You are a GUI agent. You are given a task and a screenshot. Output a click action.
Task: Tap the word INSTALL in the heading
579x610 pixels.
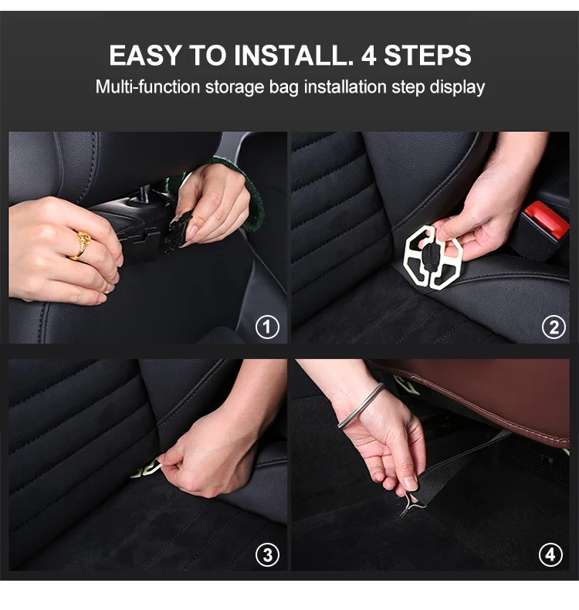pos(289,56)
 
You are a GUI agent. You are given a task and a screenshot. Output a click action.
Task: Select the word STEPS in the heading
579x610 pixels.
pos(428,56)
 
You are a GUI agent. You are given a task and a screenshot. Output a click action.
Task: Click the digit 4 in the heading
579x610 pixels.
pos(369,56)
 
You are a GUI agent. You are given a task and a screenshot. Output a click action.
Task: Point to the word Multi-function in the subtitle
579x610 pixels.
pos(147,86)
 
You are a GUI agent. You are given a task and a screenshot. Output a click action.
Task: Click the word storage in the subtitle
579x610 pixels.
pos(235,87)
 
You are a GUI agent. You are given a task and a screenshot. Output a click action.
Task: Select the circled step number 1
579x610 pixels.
pos(267,327)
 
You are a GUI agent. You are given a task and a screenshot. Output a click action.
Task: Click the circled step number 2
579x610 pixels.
pos(554,327)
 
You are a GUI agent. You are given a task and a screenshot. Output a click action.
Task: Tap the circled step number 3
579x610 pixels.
pos(267,554)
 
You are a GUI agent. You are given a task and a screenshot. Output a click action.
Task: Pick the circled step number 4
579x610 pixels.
pos(550,554)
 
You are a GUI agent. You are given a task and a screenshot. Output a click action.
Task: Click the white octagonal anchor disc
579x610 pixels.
pos(432,257)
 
